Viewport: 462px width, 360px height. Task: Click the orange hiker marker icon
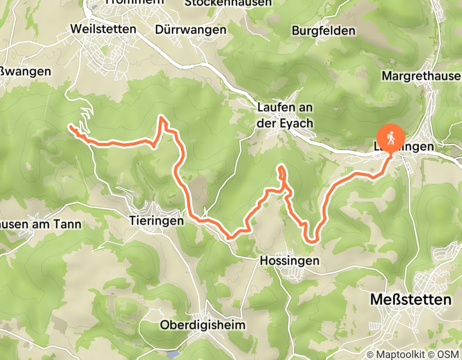pos(390,138)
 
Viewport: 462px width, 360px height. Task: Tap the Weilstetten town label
pos(104,29)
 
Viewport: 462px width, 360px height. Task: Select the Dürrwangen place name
pos(190,30)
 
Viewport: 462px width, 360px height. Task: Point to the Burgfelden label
pos(324,31)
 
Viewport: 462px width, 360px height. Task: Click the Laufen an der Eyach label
pos(286,116)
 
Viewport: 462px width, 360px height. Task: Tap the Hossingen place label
pos(289,261)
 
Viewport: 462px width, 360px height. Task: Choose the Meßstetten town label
pos(411,299)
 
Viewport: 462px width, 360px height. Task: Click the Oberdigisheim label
pos(203,325)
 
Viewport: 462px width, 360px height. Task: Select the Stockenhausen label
pos(227,3)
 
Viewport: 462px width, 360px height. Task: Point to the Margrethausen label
pos(421,76)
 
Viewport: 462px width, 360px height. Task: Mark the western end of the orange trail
pos(70,126)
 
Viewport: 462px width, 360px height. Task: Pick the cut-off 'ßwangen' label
pos(26,71)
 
